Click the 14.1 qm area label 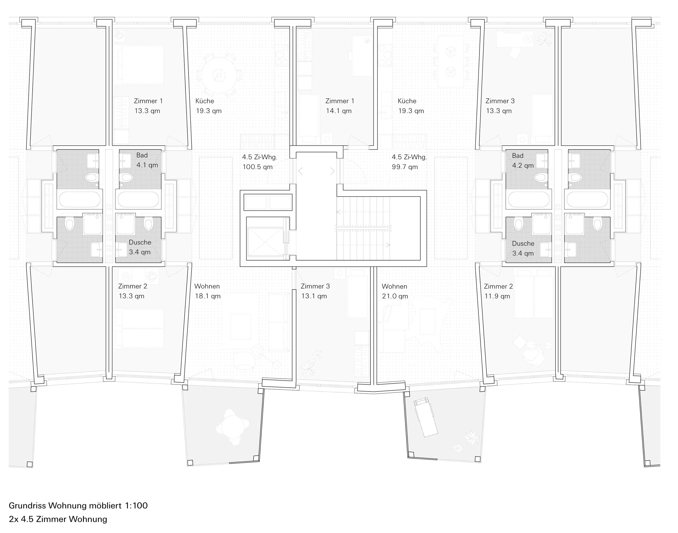pyautogui.click(x=339, y=111)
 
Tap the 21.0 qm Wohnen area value pyautogui.click(x=395, y=296)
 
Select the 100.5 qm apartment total pyautogui.click(x=258, y=167)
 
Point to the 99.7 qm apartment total pyautogui.click(x=405, y=167)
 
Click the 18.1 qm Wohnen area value pyautogui.click(x=207, y=296)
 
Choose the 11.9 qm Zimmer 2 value pyautogui.click(x=497, y=296)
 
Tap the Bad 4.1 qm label pyautogui.click(x=147, y=160)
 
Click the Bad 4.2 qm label pyautogui.click(x=523, y=161)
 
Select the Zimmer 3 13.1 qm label pyautogui.click(x=315, y=291)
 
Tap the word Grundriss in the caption pyautogui.click(x=27, y=506)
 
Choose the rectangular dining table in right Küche pyautogui.click(x=450, y=62)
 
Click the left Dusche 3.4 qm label pyautogui.click(x=140, y=247)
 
